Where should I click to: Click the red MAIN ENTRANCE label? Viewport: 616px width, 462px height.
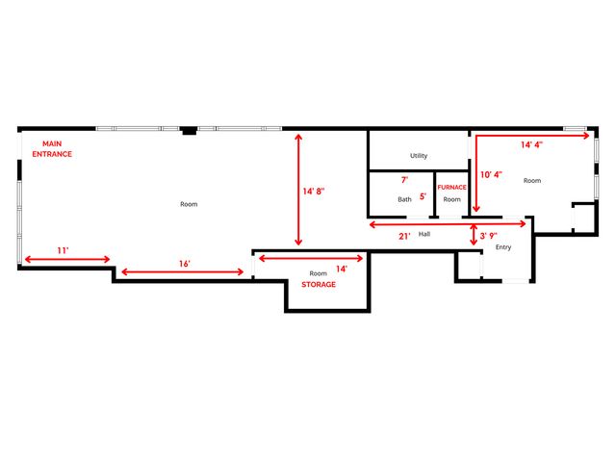click(x=52, y=149)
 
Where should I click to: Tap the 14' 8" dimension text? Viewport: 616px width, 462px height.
click(x=314, y=192)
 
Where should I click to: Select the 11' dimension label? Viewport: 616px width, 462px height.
click(x=62, y=250)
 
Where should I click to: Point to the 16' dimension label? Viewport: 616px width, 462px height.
click(x=184, y=263)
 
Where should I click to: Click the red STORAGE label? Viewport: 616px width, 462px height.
click(x=319, y=285)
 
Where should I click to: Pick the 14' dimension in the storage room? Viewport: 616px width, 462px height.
click(x=341, y=269)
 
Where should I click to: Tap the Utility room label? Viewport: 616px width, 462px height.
click(x=419, y=156)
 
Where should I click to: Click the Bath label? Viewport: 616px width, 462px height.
click(x=405, y=199)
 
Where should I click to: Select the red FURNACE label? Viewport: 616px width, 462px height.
click(x=451, y=187)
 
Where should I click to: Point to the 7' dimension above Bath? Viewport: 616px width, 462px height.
click(x=404, y=180)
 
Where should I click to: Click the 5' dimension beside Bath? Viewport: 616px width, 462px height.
click(x=423, y=196)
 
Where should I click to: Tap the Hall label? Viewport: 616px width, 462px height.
click(x=423, y=234)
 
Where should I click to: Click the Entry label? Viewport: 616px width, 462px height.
click(x=502, y=247)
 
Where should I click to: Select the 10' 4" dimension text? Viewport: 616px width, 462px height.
click(x=492, y=174)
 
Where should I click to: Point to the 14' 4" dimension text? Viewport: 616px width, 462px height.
click(x=532, y=145)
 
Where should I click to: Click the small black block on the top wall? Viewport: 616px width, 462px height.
click(x=191, y=129)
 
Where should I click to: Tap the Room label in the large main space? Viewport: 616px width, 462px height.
click(x=189, y=204)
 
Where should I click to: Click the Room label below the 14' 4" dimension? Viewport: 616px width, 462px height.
click(x=532, y=180)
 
